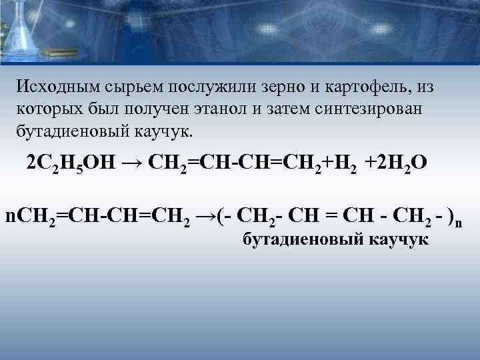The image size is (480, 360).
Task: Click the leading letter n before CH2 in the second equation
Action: [9, 216]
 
